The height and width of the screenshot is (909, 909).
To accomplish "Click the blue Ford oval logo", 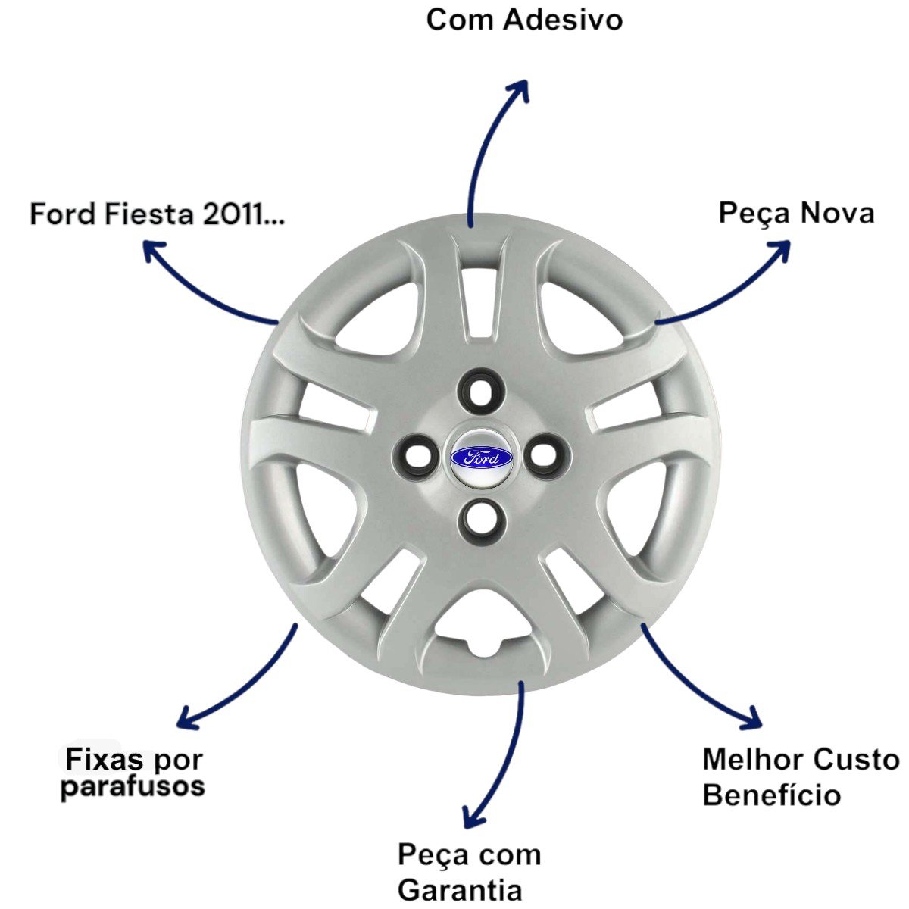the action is (x=481, y=457).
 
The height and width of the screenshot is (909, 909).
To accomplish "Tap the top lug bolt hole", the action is (x=480, y=392).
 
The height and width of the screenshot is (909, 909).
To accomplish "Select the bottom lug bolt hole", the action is (x=481, y=523).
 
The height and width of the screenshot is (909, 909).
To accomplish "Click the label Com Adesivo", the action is (x=524, y=20).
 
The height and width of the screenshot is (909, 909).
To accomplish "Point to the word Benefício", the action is (x=772, y=795).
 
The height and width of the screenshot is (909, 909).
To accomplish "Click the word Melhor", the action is (x=753, y=760).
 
